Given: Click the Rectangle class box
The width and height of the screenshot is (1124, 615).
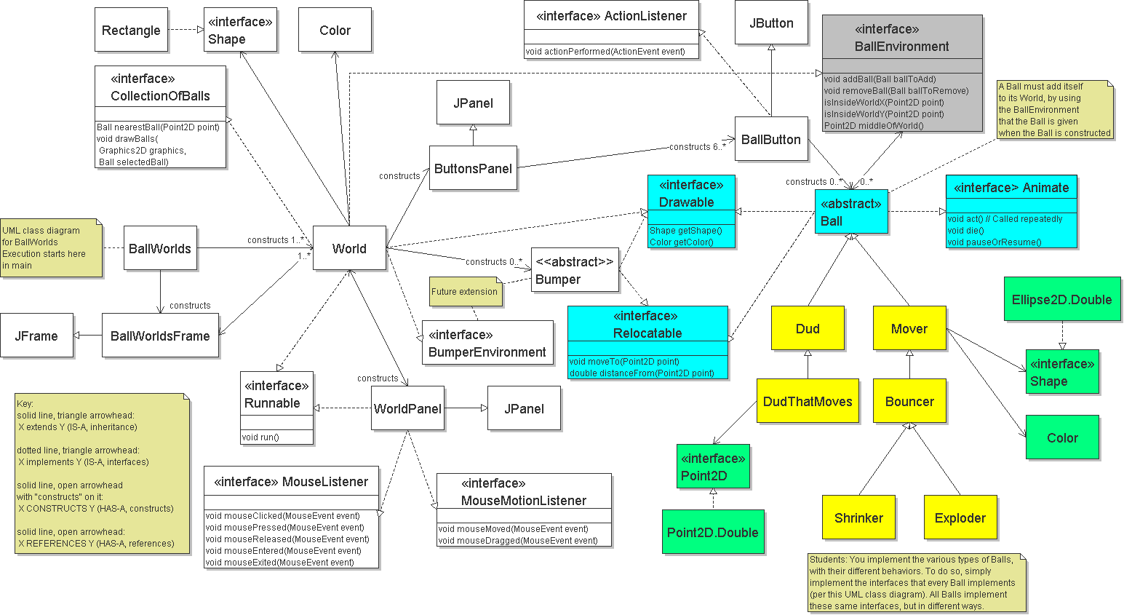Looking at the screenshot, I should pos(131,30).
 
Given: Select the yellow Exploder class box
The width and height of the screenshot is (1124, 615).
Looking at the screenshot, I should pos(960,517).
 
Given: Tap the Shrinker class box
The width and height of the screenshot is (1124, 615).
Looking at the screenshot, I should pos(858,517).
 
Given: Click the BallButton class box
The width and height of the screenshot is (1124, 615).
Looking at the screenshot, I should pos(771,139).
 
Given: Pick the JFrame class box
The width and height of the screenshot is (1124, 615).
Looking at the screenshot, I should pos(36,336).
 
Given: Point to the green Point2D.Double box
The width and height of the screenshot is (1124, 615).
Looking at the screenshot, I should pos(713,532).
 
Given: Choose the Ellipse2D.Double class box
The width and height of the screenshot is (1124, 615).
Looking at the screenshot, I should pos(1062,299).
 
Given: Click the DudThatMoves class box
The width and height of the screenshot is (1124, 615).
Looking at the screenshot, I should pos(808,401).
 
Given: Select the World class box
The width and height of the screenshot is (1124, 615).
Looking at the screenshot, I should pos(349,248).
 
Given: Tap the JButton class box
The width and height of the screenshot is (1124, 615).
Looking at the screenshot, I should pos(771,23).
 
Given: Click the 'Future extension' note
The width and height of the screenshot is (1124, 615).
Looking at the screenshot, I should pos(465,292).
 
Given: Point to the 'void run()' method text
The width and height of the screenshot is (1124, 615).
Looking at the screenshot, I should pos(260,437).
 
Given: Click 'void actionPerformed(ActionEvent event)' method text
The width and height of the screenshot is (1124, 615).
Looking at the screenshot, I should pos(605,52).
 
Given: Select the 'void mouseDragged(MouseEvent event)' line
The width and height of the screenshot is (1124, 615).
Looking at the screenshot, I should pos(518,541).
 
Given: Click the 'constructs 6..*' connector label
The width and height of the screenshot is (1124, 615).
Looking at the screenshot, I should pos(697,147).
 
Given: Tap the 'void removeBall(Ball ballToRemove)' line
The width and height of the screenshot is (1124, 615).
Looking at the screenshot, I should pos(896,91).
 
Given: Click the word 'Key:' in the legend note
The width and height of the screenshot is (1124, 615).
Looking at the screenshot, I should pos(25,404).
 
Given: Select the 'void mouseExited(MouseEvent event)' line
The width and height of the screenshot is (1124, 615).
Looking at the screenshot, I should pos(280,563).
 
